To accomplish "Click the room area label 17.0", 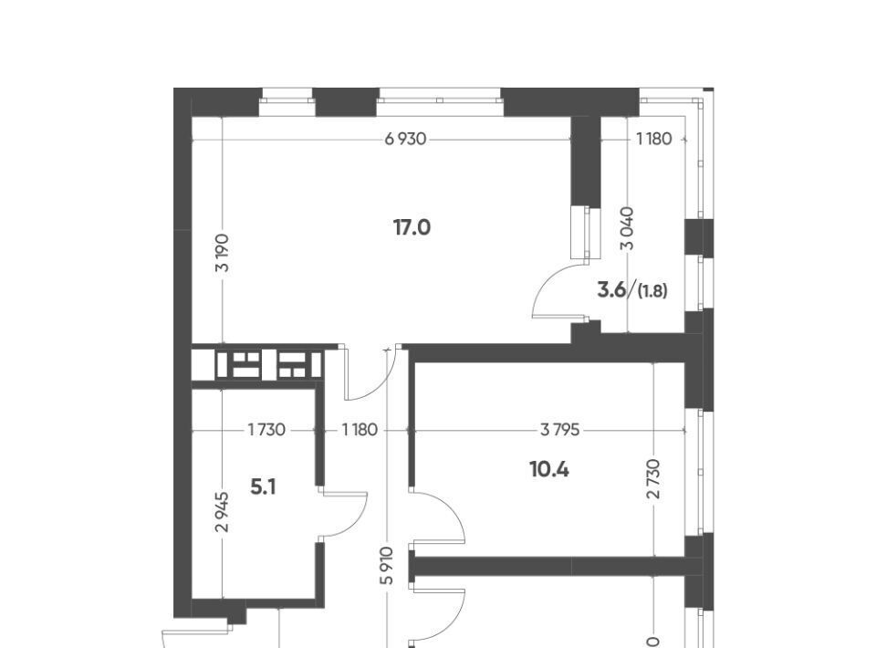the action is (x=412, y=228).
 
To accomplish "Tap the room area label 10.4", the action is (x=549, y=470).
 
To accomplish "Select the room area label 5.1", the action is (x=263, y=487).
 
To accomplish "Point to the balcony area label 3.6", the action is (x=611, y=290).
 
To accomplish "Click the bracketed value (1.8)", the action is (x=652, y=291).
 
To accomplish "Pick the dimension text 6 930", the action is (x=405, y=139).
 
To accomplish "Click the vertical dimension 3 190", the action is (x=223, y=253).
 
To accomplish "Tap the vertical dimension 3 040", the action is (x=628, y=228).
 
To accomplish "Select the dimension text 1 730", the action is (x=266, y=430).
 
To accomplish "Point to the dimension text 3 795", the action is (x=560, y=430).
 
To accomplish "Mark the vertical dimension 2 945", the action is (x=223, y=511).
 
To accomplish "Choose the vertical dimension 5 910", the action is (x=387, y=566).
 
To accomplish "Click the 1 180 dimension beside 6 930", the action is (x=654, y=139).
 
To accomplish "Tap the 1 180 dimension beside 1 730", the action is (x=360, y=430).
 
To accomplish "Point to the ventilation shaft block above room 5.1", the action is (x=257, y=365).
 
